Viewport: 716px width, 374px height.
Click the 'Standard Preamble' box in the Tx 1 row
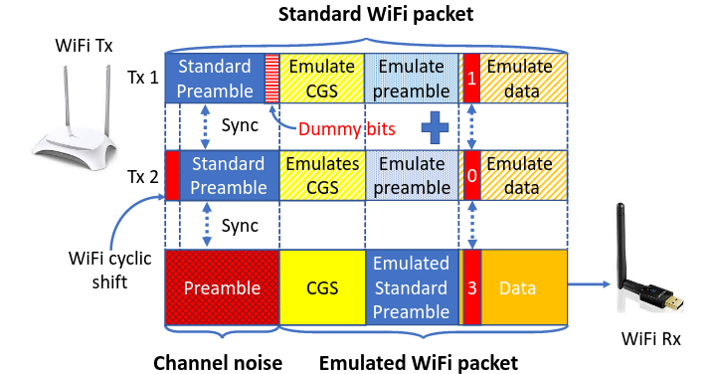pyautogui.click(x=214, y=79)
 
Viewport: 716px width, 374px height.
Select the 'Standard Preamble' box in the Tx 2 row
pyautogui.click(x=228, y=174)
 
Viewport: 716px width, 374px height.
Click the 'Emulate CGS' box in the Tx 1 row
pyautogui.click(x=322, y=79)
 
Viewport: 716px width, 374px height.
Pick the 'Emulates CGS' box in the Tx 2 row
pyautogui.click(x=322, y=174)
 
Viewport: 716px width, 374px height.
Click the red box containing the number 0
pyautogui.click(x=471, y=174)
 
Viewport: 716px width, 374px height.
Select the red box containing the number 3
pyautogui.click(x=472, y=288)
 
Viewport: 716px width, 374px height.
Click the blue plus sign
pyautogui.click(x=433, y=129)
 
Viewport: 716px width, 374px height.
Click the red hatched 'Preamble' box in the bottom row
pyautogui.click(x=222, y=288)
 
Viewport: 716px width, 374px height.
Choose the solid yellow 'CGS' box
pyautogui.click(x=322, y=288)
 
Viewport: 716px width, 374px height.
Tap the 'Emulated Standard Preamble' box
pyautogui.click(x=411, y=288)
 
